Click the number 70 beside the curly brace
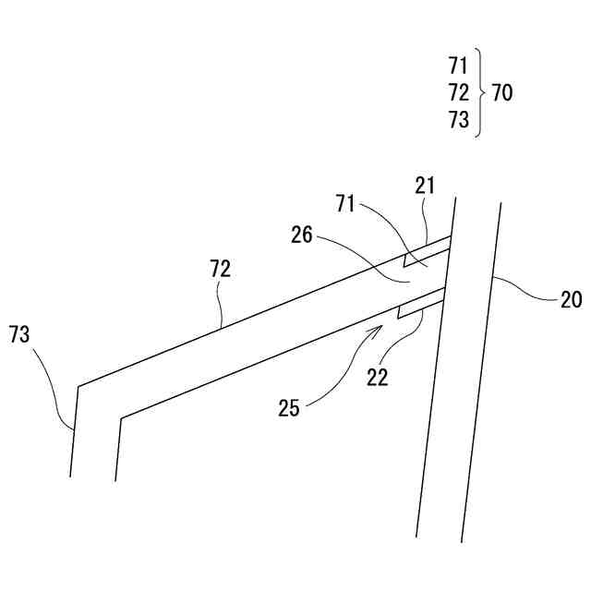(502, 92)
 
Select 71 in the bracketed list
(459, 66)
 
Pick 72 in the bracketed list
(459, 92)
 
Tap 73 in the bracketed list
(459, 120)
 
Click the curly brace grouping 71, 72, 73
(479, 92)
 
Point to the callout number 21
(425, 186)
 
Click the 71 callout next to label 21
(344, 203)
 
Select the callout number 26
(302, 236)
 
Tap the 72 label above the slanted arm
(220, 269)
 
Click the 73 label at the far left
(19, 334)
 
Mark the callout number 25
(289, 407)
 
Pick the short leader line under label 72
(221, 306)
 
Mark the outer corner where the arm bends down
(78, 386)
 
